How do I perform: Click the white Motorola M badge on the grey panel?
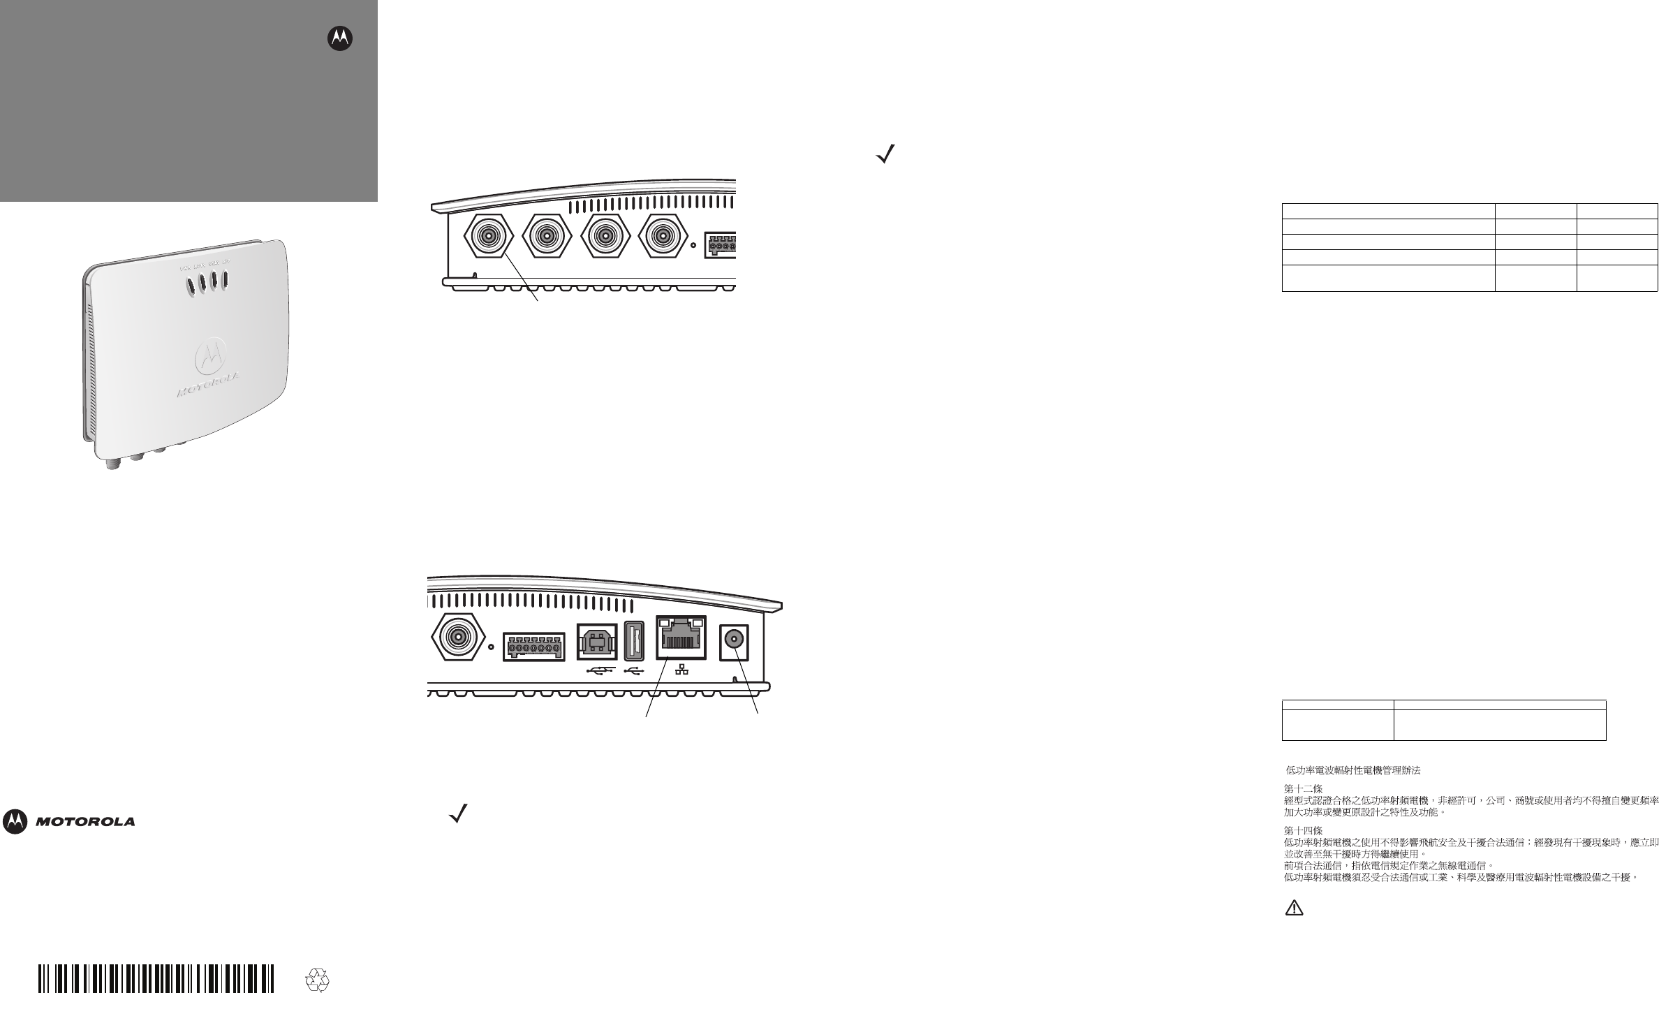coord(340,40)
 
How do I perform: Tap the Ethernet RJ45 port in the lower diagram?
coord(681,638)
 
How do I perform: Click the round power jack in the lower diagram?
coord(733,639)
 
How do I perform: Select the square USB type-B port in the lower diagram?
coord(597,640)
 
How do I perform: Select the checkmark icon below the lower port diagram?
coord(458,814)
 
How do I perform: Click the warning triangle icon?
coord(1294,927)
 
